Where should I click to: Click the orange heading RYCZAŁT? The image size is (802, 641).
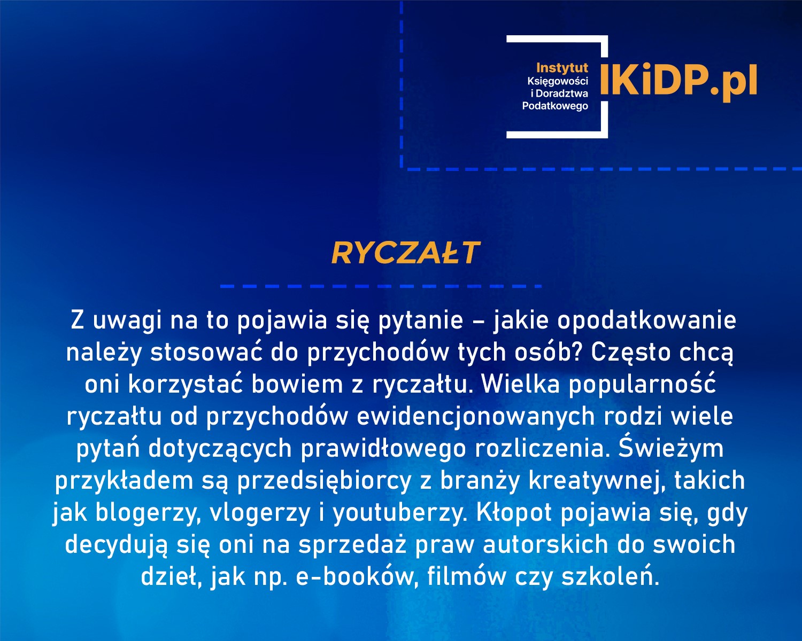405,253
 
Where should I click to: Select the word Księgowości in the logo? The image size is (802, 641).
558,81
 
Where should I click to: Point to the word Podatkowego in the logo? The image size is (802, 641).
555,106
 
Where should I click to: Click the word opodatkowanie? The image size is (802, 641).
647,320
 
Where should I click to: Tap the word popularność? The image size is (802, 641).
642,385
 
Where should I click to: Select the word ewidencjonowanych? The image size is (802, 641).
476,417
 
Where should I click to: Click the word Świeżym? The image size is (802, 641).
671,449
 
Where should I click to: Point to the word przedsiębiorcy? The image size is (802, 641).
324,481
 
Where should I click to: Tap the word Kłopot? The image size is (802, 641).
513,513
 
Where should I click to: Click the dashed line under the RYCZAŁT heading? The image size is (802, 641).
381,286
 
